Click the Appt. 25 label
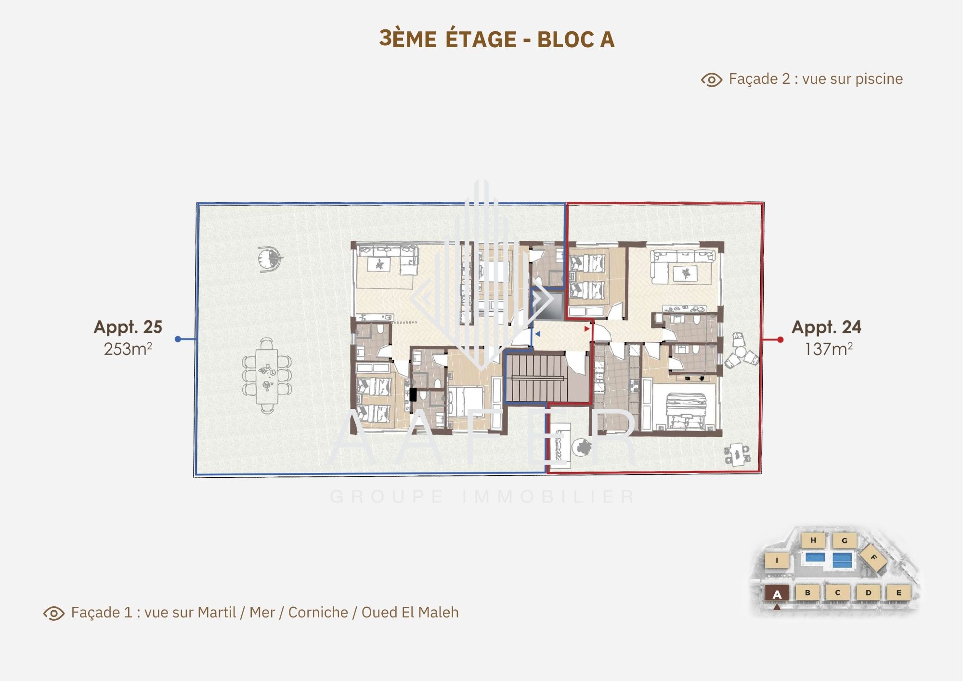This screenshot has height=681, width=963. [128, 327]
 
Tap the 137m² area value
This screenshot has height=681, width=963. [829, 349]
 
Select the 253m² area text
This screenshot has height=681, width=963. [128, 349]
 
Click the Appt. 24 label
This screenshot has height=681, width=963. [826, 327]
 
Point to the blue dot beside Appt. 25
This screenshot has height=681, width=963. [178, 339]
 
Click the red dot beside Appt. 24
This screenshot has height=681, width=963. [781, 340]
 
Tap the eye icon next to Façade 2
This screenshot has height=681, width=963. [712, 79]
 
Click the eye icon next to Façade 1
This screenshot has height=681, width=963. [54, 613]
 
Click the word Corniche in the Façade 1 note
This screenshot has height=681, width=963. [318, 612]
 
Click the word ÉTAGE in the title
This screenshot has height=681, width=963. [481, 39]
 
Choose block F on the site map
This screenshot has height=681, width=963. [873, 558]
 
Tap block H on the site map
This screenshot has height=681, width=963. [813, 540]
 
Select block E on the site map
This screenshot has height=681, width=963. [898, 593]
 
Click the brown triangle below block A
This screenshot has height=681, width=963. [777, 607]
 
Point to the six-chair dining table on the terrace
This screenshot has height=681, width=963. [267, 375]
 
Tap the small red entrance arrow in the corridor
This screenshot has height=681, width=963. [586, 329]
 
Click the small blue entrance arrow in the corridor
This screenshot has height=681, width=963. [537, 334]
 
